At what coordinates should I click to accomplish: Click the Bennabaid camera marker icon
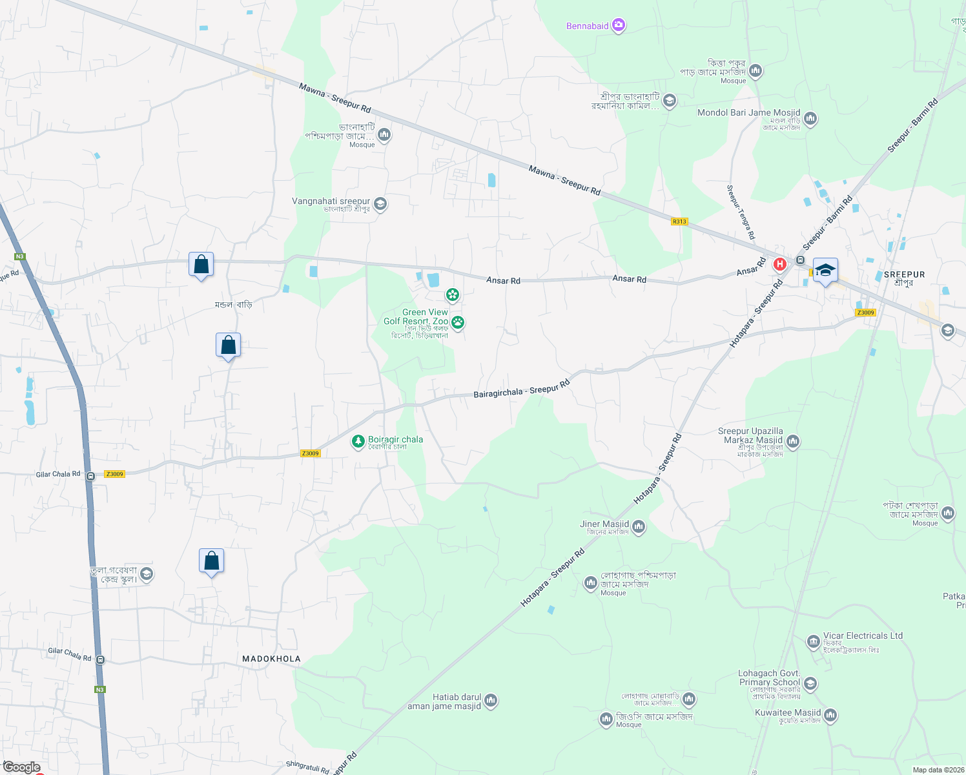tap(619, 25)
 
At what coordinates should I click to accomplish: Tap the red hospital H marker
tap(779, 264)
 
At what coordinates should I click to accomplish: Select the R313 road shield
tap(679, 222)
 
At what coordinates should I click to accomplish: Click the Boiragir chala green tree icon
tap(358, 442)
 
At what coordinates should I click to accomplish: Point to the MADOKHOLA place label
tap(271, 659)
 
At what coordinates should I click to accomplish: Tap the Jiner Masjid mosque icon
tap(639, 528)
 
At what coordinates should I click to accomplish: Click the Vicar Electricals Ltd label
tap(863, 635)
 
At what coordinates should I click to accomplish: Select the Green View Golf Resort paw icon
tap(458, 322)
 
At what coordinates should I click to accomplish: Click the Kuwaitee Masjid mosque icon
tap(830, 716)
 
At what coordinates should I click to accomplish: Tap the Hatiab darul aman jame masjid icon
tap(491, 701)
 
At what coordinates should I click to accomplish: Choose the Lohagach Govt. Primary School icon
tap(810, 683)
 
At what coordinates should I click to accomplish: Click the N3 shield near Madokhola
tap(99, 690)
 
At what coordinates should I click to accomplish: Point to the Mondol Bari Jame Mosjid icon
tap(810, 119)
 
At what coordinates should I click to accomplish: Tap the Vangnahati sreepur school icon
tap(380, 204)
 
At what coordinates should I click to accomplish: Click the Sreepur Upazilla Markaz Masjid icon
tap(793, 442)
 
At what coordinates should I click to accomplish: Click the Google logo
tap(21, 767)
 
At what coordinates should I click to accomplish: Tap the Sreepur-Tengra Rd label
tap(740, 212)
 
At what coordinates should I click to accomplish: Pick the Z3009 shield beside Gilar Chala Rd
tap(114, 474)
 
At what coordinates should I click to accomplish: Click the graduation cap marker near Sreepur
tap(825, 270)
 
